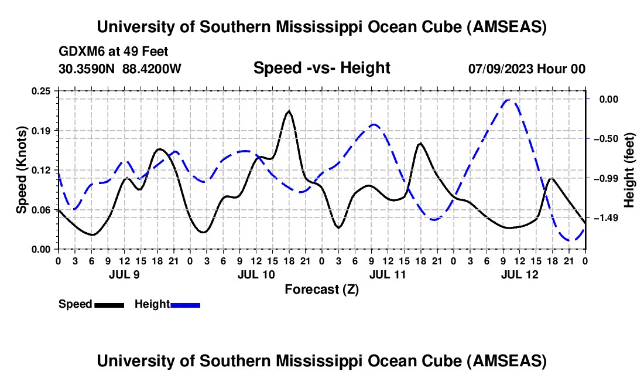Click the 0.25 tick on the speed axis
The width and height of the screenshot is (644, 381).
[42, 91]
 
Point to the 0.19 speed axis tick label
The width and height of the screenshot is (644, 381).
[42, 130]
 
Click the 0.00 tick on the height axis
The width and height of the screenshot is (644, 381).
[608, 100]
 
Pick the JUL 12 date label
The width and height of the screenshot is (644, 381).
[519, 274]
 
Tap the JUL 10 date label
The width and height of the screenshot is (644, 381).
[256, 274]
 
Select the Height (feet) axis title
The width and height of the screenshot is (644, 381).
[629, 169]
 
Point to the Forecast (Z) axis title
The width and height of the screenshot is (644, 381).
[321, 289]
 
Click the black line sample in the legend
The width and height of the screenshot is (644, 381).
[109, 305]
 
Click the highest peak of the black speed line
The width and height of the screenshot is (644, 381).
[289, 111]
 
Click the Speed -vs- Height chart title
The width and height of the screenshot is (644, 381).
[321, 68]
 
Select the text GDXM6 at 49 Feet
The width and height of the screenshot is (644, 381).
[114, 52]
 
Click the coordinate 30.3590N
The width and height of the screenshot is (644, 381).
[88, 69]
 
